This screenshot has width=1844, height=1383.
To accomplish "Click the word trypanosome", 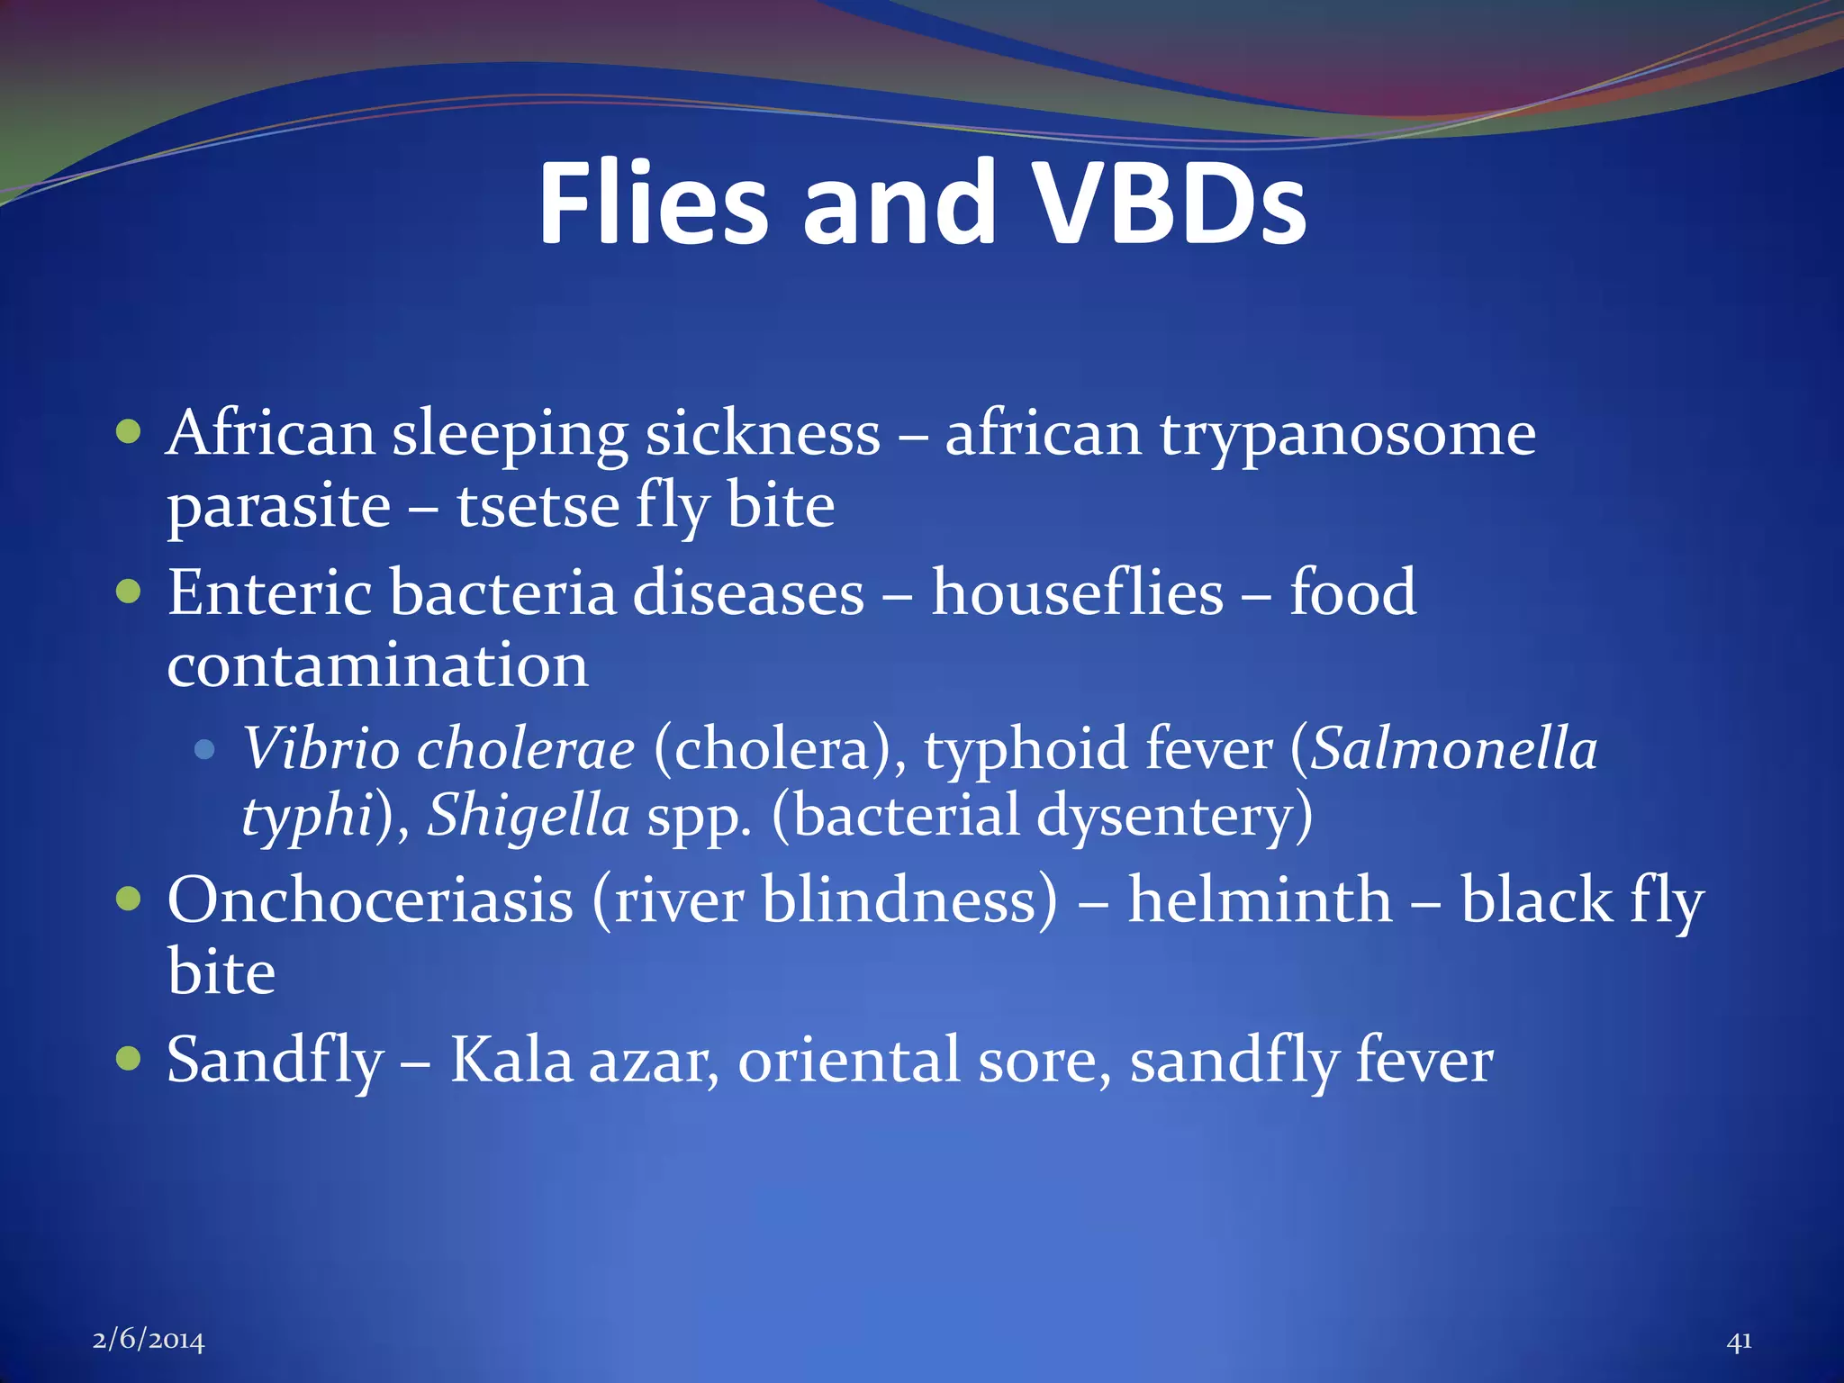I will [1347, 436].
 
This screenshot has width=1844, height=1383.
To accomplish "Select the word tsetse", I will [538, 506].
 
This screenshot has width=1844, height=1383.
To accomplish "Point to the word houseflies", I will [1077, 594].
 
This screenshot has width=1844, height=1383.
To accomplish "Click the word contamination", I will [377, 666].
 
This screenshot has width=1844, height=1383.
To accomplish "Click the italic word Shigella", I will [528, 816].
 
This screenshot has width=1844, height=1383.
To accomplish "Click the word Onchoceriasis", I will [369, 900].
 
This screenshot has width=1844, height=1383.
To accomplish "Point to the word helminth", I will [1260, 900].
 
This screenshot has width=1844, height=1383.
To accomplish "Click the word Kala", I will [511, 1061].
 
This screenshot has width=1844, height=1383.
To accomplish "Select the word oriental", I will [848, 1061].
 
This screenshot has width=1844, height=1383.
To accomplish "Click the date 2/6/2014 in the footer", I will [149, 1341].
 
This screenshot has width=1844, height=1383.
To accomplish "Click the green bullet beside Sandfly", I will [130, 1058].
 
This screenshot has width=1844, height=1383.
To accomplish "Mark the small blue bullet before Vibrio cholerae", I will [205, 749].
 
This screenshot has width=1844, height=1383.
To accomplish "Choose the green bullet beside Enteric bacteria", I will [130, 592].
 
